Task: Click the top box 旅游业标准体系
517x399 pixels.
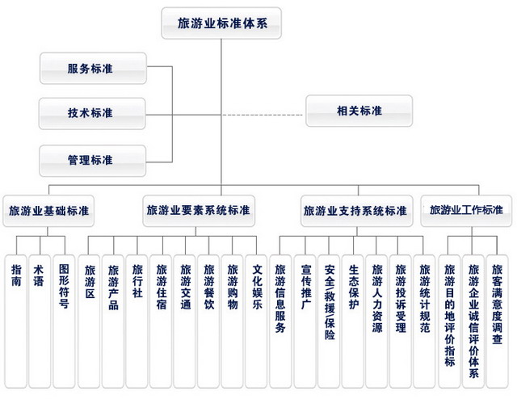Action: tap(221, 23)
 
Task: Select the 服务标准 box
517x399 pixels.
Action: tap(93, 69)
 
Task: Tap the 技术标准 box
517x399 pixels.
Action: tap(92, 113)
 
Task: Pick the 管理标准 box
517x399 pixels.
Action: tap(93, 161)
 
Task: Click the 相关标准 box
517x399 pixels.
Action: tap(359, 111)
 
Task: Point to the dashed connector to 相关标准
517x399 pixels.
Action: tap(263, 115)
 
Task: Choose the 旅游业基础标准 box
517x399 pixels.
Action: tap(48, 211)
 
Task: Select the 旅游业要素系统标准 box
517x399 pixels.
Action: tap(199, 211)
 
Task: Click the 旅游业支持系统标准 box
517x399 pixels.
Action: tap(356, 211)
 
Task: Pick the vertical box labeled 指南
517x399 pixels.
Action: tap(16, 321)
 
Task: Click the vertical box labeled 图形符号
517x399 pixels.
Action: tap(64, 321)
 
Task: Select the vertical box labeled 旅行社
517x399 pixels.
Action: tap(137, 321)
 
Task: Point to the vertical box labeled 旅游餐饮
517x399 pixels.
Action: tap(208, 321)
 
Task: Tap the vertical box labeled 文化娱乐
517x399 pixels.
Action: tap(256, 321)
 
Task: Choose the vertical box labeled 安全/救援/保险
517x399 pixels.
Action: tap(329, 321)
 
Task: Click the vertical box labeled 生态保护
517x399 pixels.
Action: tap(353, 321)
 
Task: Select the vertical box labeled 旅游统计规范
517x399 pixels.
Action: tap(424, 321)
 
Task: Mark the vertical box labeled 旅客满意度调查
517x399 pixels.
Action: tap(498, 321)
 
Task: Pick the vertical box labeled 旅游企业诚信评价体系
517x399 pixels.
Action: tap(473, 321)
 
